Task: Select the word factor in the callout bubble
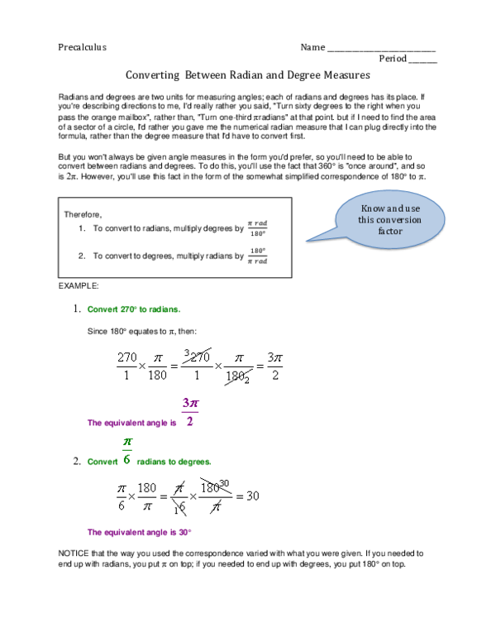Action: click(x=390, y=232)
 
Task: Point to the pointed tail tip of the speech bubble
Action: click(x=307, y=241)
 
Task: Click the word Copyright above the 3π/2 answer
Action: click(x=164, y=356)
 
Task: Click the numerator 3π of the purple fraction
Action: click(x=190, y=404)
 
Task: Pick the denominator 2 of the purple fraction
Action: click(x=190, y=420)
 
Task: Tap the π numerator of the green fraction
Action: click(x=126, y=443)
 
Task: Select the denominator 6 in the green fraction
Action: click(x=126, y=458)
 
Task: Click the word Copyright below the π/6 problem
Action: click(x=159, y=486)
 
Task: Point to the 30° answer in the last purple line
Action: click(x=185, y=532)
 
